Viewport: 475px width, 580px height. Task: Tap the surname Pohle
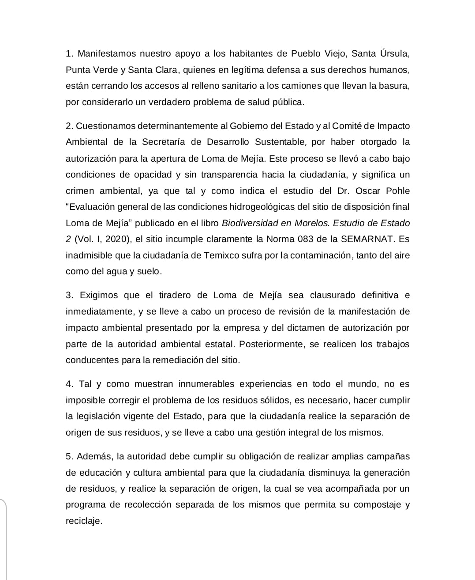[x=397, y=191]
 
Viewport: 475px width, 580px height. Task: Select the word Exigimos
[x=98, y=295]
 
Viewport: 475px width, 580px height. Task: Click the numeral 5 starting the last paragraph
[x=68, y=456]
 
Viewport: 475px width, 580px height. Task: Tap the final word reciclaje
[x=83, y=521]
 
